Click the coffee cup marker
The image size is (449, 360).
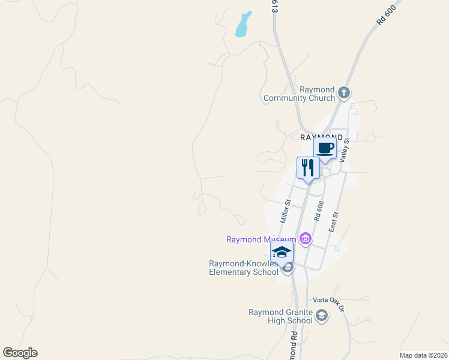click(325, 148)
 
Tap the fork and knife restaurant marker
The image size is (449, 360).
click(308, 168)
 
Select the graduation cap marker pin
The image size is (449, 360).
click(281, 253)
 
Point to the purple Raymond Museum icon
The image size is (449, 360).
click(305, 239)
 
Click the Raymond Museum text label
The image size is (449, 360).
click(261, 240)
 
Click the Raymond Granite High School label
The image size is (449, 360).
click(281, 316)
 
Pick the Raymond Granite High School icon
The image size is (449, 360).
click(322, 316)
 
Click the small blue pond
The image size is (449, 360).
click(243, 25)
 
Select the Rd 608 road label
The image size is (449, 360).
click(319, 212)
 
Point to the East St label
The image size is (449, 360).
click(334, 222)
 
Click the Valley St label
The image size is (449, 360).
click(344, 149)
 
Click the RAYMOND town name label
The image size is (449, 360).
click(321, 137)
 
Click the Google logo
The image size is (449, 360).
click(20, 353)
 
